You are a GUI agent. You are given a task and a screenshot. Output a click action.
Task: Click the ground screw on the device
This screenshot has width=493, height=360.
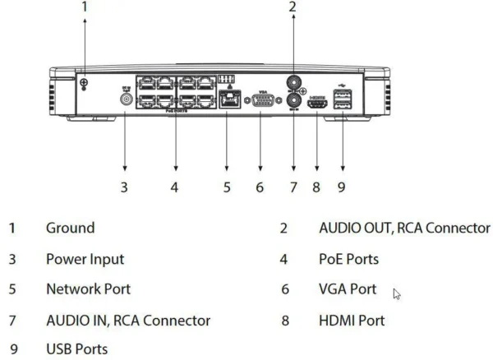[83, 83]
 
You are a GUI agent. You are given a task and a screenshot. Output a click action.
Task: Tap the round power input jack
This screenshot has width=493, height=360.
[126, 99]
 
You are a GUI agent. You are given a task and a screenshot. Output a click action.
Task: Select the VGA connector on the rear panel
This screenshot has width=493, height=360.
[260, 101]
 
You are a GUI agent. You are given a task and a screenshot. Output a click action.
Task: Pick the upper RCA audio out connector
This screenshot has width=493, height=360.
[293, 83]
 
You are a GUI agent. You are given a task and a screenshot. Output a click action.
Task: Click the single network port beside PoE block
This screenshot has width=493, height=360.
[227, 100]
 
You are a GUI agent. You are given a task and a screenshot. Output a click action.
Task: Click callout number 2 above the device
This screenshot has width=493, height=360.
[293, 6]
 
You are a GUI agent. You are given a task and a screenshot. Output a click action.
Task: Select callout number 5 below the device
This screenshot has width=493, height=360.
[227, 187]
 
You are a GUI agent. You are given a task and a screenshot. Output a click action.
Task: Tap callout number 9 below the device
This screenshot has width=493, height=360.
[341, 187]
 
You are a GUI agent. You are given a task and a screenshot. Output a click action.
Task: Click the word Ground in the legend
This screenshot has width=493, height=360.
[70, 228]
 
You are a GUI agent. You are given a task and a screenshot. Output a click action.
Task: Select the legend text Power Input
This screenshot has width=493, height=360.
[85, 260]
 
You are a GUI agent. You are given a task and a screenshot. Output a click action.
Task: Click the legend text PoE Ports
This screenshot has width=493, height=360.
[348, 260]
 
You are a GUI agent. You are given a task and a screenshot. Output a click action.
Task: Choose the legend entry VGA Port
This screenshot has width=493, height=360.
[348, 289]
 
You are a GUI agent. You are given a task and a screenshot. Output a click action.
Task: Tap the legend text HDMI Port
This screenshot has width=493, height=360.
[352, 321]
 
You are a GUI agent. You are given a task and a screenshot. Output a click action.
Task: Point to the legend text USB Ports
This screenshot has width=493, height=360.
[76, 349]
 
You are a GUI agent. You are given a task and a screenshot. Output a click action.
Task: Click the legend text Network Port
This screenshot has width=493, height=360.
[88, 289]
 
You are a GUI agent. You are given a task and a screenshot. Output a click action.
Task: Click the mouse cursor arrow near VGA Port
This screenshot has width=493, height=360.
[397, 293]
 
